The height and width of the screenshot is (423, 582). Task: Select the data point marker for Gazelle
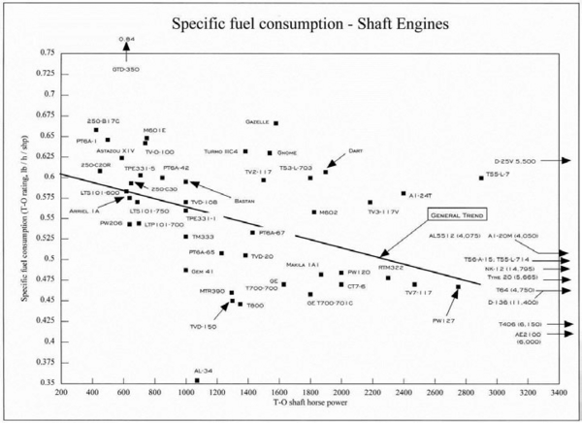tap(276, 123)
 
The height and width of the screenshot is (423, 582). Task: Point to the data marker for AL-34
tap(197, 380)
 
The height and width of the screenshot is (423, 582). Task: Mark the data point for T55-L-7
tap(481, 178)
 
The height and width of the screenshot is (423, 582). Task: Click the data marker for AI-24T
tap(404, 193)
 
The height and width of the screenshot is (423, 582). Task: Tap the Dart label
tap(356, 150)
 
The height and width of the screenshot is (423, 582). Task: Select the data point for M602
tap(314, 211)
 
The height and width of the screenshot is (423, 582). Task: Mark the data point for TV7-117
tap(414, 284)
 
